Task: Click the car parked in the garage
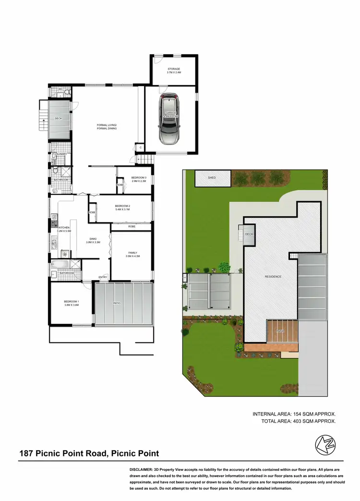(x=169, y=120)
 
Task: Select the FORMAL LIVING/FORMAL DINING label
(x=107, y=126)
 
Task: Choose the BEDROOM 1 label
(x=71, y=302)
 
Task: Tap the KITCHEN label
(x=64, y=227)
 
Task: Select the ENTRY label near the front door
(x=103, y=277)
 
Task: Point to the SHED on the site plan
(x=212, y=178)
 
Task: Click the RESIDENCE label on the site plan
(x=273, y=277)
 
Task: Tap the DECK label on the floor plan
(x=59, y=118)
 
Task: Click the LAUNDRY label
(x=60, y=154)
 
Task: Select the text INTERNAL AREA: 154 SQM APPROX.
(x=294, y=414)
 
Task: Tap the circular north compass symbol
(x=324, y=445)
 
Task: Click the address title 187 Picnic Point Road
(x=89, y=453)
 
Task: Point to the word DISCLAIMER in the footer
(x=144, y=469)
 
